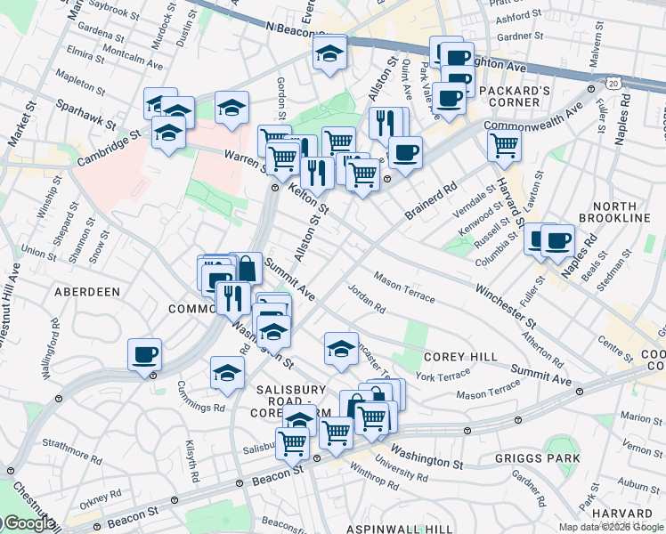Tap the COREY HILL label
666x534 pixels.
tap(460, 357)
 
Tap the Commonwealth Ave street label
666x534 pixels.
tap(533, 117)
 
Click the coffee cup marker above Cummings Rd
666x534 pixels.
tap(144, 356)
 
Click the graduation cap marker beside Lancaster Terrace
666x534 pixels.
tap(340, 350)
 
